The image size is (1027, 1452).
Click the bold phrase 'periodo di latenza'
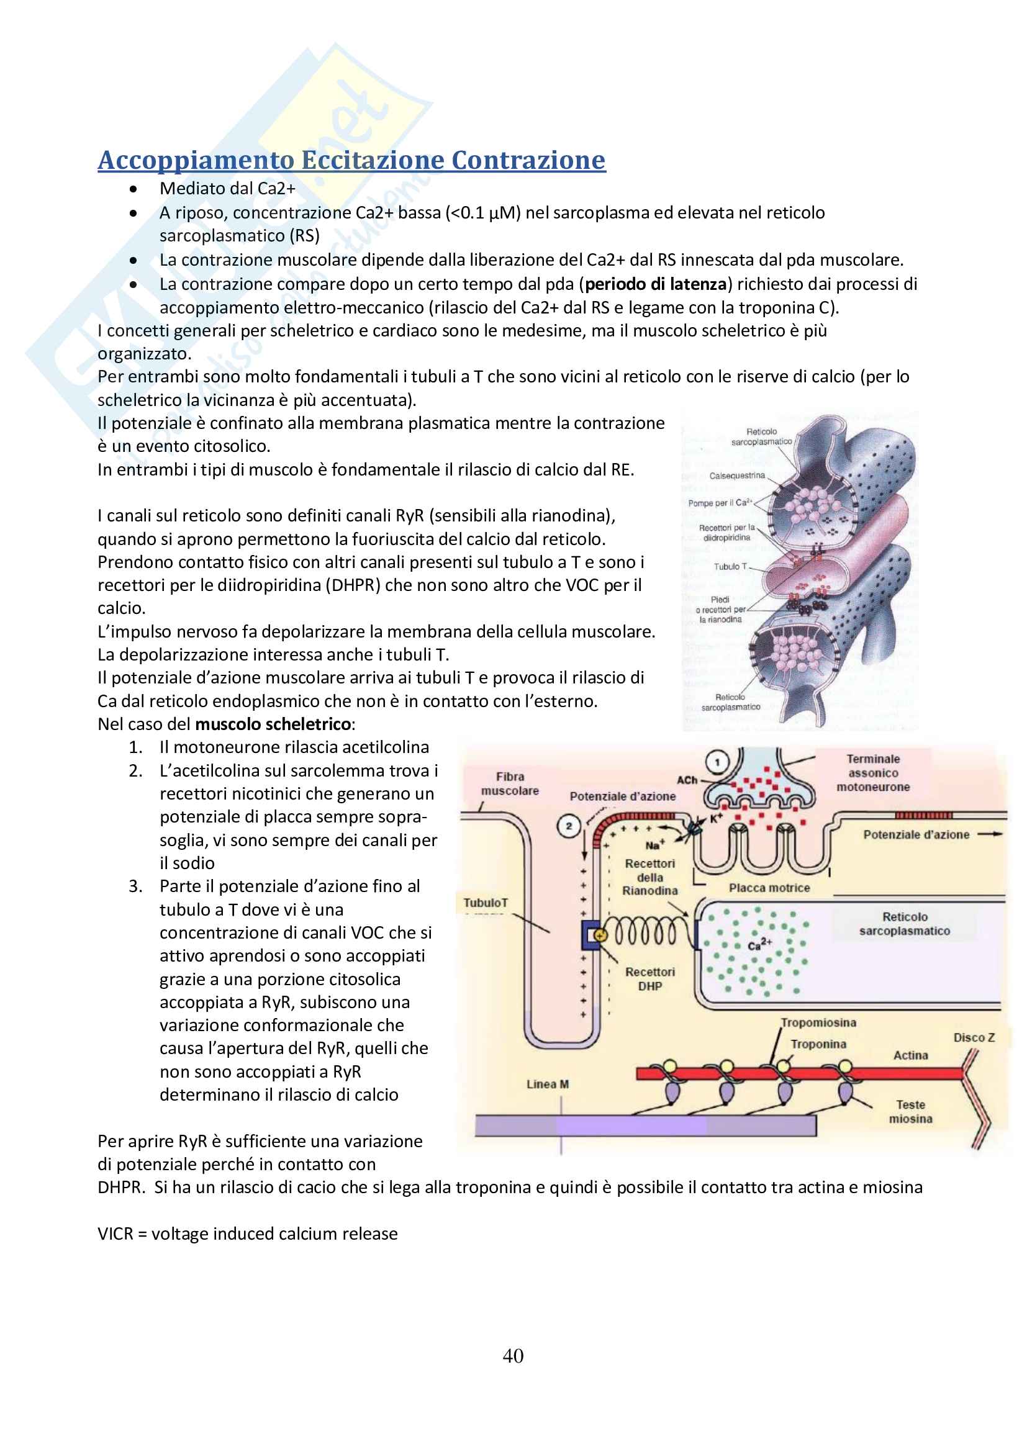656,284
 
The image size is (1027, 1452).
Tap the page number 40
513,1355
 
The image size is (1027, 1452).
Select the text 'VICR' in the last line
115,1233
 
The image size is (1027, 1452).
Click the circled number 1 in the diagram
717,762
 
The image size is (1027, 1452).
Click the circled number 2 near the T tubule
569,826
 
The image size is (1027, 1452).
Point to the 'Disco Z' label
974,1038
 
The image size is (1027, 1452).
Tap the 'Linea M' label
548,1084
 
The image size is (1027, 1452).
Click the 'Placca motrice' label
769,888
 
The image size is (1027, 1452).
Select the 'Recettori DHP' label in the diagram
650,979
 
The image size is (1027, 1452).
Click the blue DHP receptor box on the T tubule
591,936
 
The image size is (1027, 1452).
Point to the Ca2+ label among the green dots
759,945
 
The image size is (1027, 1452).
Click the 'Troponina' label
818,1044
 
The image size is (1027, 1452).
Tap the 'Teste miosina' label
911,1112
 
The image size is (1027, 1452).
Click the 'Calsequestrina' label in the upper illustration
737,476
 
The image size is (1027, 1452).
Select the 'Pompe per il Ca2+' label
720,503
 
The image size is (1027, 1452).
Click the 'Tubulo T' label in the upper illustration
730,567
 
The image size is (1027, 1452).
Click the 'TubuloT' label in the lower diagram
486,903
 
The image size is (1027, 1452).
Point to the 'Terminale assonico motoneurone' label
874,773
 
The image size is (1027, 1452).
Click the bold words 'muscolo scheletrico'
273,724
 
